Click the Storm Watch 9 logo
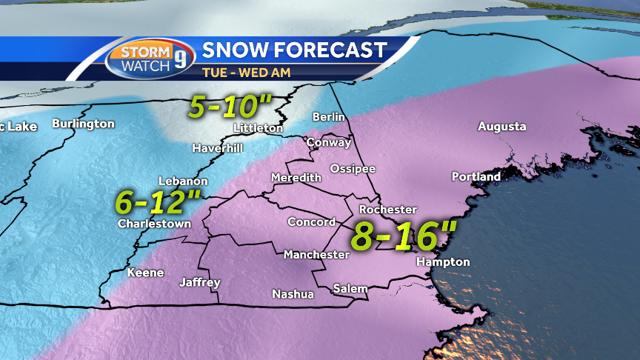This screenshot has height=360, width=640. tap(151, 59)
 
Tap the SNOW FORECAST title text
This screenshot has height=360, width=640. tap(294, 50)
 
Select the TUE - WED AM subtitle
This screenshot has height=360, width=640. tap(246, 73)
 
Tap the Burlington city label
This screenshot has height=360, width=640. tap(83, 124)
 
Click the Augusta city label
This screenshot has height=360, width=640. tap(501, 127)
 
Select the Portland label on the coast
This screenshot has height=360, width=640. tap(476, 177)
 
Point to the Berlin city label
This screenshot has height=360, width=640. tap(329, 117)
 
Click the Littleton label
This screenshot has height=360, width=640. tap(258, 128)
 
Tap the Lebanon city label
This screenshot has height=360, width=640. tap(183, 181)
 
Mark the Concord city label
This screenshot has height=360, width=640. tap(311, 222)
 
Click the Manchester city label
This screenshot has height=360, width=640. tap(316, 255)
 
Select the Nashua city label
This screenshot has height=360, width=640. tap(293, 294)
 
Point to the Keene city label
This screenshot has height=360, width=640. tap(145, 273)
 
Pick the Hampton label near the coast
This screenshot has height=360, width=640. tap(443, 262)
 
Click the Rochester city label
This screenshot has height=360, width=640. tap(387, 210)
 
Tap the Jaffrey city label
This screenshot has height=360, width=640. tap(200, 282)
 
